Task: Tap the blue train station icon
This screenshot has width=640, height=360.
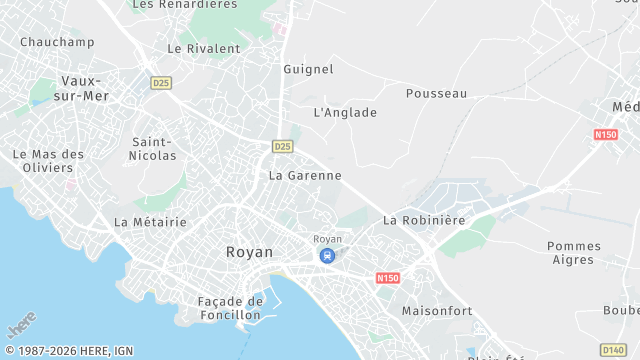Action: coord(327,256)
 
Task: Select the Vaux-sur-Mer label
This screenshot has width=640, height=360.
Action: coord(85,88)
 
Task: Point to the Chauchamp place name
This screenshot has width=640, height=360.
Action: coord(57,42)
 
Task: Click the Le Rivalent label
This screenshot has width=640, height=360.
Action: coord(204,48)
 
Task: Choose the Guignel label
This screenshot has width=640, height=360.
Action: coord(308,70)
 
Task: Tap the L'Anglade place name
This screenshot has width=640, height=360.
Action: coord(345,113)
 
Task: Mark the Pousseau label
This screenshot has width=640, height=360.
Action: coord(436,93)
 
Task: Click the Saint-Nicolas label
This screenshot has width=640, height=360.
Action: coord(154,149)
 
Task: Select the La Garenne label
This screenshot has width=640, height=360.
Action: coord(305,175)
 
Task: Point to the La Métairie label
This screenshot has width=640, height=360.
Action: coord(150,222)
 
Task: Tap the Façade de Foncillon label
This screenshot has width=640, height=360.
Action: coord(229,308)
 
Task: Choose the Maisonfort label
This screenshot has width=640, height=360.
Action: coord(436,311)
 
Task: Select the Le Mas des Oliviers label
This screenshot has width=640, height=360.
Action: coord(48,161)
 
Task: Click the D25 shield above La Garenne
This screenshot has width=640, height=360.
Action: coord(282,146)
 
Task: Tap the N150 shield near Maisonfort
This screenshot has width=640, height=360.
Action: coord(388,278)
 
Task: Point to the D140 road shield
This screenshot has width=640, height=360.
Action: coord(615,348)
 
